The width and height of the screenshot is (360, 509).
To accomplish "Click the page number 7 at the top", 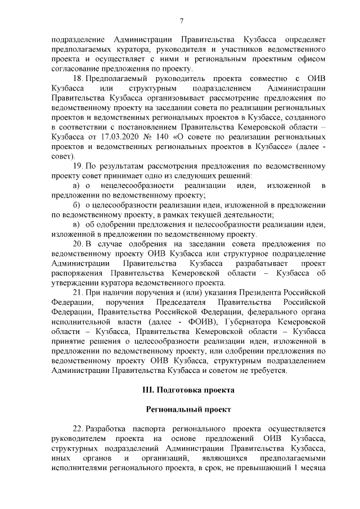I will click(182, 21).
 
